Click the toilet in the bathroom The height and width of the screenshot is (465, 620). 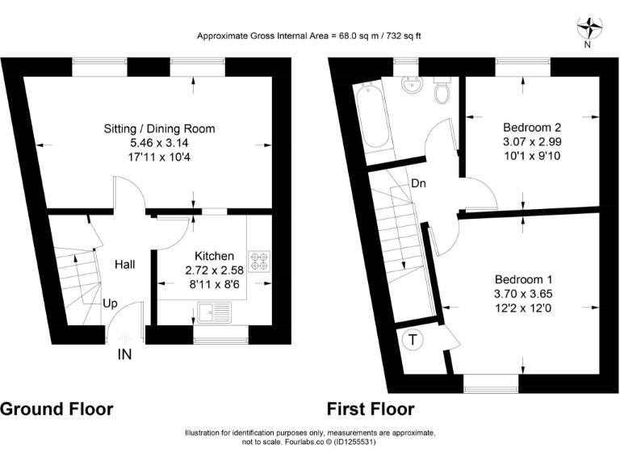point(442,91)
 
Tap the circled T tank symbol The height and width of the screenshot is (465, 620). point(413,340)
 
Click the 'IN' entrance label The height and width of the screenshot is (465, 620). point(125,354)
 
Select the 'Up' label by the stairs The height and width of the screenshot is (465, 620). point(111,304)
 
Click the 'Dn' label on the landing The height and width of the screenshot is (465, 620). point(418,183)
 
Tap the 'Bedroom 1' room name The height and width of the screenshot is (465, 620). point(522,279)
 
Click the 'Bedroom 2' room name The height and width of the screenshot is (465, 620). point(532,128)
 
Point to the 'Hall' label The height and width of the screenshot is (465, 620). point(124,264)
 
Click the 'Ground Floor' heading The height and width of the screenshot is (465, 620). point(57,408)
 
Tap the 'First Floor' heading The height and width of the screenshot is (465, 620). point(371,408)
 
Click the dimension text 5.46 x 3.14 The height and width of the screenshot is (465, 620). point(159,143)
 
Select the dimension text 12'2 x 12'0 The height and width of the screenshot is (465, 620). point(522,308)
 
